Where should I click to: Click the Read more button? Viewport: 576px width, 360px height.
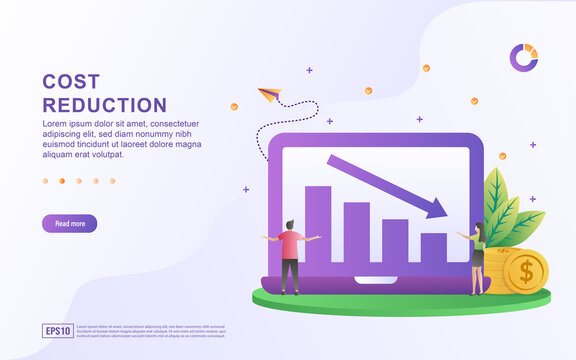point(69,224)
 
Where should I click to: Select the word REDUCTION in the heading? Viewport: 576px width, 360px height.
point(104,105)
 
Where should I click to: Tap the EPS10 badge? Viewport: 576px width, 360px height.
point(58,330)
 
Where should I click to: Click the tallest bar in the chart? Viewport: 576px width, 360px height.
point(318,224)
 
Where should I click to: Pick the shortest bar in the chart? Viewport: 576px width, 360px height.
point(433,247)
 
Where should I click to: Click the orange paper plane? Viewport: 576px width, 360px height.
point(268,95)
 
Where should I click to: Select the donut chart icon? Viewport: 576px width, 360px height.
point(523,57)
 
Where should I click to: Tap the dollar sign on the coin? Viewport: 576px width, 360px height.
point(524,270)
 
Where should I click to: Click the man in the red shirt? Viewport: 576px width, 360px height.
point(290,256)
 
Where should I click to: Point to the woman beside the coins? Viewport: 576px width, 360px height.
point(478,258)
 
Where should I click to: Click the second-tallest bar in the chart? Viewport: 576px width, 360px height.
point(356,232)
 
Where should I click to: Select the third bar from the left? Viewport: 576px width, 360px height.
point(395,240)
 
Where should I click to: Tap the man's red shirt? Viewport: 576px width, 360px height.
point(290,244)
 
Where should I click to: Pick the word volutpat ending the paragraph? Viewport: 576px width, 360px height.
point(103,155)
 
